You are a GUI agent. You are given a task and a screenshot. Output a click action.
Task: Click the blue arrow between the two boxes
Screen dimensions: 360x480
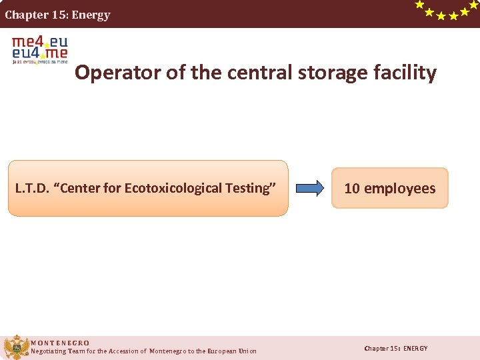pos(309,188)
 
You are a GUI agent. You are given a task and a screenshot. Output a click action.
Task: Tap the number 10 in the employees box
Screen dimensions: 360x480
pos(352,189)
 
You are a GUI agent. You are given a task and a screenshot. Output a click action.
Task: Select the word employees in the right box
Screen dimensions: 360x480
pos(399,189)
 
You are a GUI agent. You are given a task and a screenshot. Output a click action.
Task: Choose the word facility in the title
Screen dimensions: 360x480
pos(405,72)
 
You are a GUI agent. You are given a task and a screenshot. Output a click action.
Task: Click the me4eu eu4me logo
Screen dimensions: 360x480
pos(40,49)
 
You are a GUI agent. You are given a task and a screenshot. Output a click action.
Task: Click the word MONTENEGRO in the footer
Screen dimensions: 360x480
pos(60,343)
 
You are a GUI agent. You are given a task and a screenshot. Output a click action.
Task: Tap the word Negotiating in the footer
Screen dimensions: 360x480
pos(49,351)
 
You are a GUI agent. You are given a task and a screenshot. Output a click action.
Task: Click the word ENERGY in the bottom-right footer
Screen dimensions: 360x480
pos(415,349)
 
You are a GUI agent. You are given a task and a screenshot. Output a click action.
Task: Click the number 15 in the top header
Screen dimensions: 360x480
pos(58,15)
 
